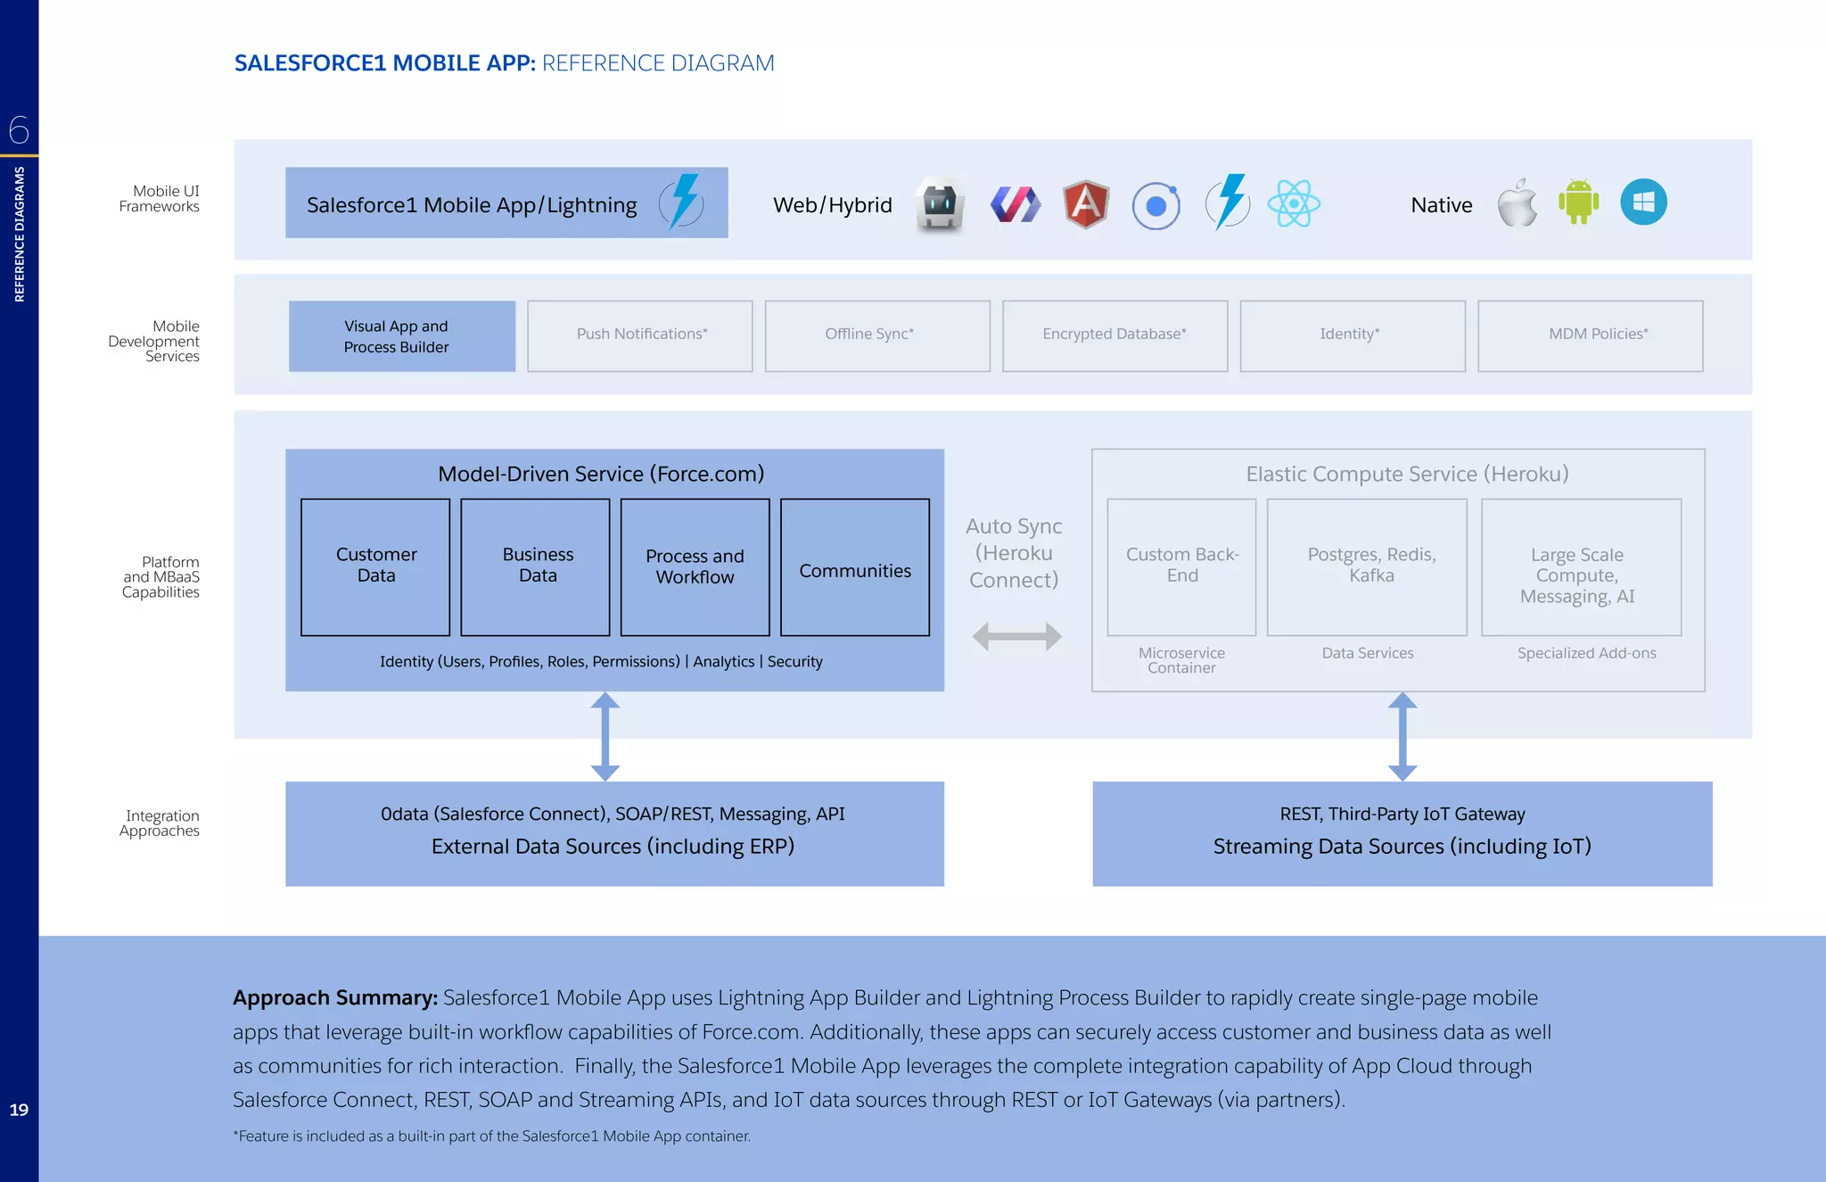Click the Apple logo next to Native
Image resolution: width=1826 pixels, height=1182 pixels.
pyautogui.click(x=1517, y=203)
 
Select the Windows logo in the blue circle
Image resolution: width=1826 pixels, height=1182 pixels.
pyautogui.click(x=1643, y=202)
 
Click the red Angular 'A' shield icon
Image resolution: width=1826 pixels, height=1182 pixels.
pyautogui.click(x=1085, y=204)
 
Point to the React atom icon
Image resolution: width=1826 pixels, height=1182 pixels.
pyautogui.click(x=1293, y=203)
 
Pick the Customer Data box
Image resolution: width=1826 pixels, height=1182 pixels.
pyautogui.click(x=375, y=566)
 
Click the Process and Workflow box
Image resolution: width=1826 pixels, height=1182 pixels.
pyautogui.click(x=695, y=567)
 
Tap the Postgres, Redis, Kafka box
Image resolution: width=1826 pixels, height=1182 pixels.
pyautogui.click(x=1367, y=567)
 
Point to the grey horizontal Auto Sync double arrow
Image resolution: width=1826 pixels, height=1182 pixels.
pyautogui.click(x=1016, y=636)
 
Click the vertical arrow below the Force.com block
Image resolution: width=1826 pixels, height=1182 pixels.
pyautogui.click(x=605, y=737)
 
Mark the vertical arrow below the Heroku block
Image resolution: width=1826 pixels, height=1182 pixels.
pyautogui.click(x=1402, y=737)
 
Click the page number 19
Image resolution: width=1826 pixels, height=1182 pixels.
pyautogui.click(x=19, y=1110)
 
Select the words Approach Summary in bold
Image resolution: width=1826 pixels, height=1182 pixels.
pyautogui.click(x=335, y=997)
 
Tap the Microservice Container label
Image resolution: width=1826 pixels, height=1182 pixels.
pyautogui.click(x=1181, y=660)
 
